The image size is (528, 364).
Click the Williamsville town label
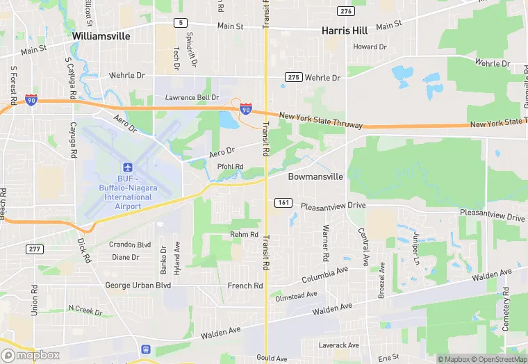[105, 35]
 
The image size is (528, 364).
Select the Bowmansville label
[315, 176]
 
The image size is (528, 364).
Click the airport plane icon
[127, 167]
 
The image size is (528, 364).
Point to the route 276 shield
[345, 11]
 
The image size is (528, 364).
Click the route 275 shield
[293, 77]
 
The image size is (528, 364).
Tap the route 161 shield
[283, 203]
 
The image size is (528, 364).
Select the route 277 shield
[34, 249]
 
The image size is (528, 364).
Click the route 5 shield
[181, 23]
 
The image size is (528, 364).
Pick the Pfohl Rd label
[230, 167]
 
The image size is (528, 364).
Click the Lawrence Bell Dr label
[192, 98]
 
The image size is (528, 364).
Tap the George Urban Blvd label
[138, 286]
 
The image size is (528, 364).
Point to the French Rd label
[245, 286]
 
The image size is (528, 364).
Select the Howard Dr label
[370, 47]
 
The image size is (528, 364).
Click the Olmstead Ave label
[296, 297]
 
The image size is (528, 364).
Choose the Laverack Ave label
[338, 345]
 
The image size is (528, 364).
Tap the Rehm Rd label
[244, 235]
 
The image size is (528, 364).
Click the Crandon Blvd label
[130, 245]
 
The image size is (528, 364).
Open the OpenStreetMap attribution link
[497, 359]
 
